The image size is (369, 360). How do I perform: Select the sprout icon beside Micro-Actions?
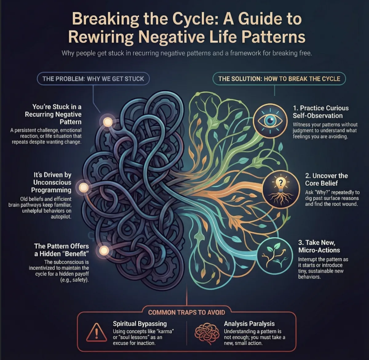[272, 254]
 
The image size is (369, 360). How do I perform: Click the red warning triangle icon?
[96, 332]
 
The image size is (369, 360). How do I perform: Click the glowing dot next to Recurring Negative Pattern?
[108, 122]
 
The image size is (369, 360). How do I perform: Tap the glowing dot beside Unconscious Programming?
[84, 187]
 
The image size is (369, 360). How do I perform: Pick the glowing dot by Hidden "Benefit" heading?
[104, 251]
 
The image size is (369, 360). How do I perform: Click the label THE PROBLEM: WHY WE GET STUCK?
[93, 79]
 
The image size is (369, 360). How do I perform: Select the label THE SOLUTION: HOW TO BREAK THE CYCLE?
[279, 79]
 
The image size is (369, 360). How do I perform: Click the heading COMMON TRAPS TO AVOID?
[187, 312]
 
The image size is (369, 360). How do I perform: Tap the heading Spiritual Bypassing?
[140, 323]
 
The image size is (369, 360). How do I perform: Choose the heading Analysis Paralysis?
[249, 323]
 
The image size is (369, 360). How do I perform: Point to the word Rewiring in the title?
[101, 37]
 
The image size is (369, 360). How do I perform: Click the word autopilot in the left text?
[61, 217]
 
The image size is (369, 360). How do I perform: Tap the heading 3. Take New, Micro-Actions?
[319, 246]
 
